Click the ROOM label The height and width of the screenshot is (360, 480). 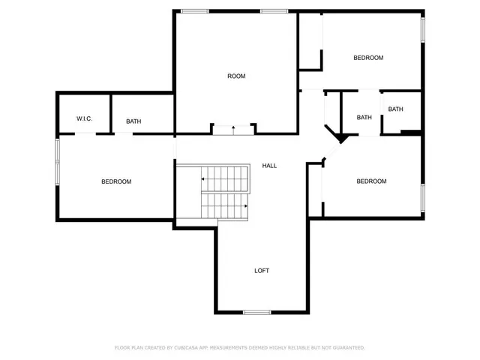[237, 76]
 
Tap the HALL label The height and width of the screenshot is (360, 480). [269, 165]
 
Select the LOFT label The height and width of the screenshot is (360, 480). [262, 271]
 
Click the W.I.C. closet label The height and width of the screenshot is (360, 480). [84, 119]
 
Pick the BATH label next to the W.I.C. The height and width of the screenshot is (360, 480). [133, 121]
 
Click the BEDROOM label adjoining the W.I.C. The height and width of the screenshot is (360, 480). [116, 181]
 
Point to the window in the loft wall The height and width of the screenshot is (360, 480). [256, 312]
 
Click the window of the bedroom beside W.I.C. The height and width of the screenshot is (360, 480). [57, 161]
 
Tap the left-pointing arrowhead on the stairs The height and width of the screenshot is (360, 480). [202, 179]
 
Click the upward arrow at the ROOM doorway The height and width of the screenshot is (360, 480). [233, 130]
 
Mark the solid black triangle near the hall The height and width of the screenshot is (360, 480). [340, 138]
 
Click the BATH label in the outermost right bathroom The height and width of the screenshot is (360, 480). [395, 109]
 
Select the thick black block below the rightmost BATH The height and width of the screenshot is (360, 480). [410, 133]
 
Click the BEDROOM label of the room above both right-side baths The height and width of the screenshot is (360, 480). [368, 58]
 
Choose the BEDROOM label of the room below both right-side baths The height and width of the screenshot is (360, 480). [371, 181]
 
